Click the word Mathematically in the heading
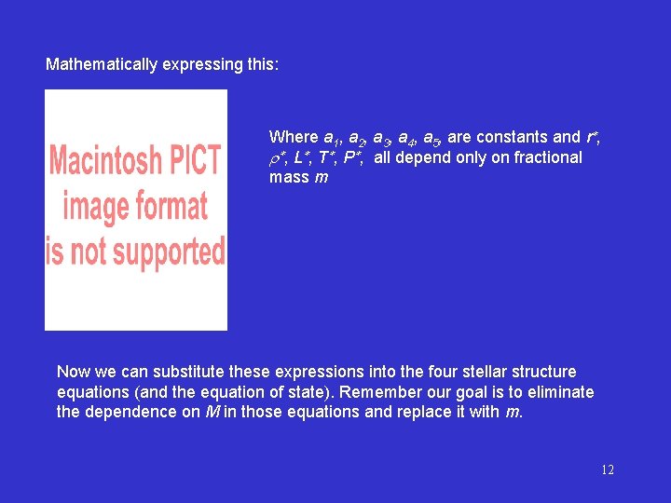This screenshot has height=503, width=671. [98, 65]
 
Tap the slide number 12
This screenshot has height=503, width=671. [607, 469]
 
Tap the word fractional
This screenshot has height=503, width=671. [548, 157]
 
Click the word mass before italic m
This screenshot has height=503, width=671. [289, 177]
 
